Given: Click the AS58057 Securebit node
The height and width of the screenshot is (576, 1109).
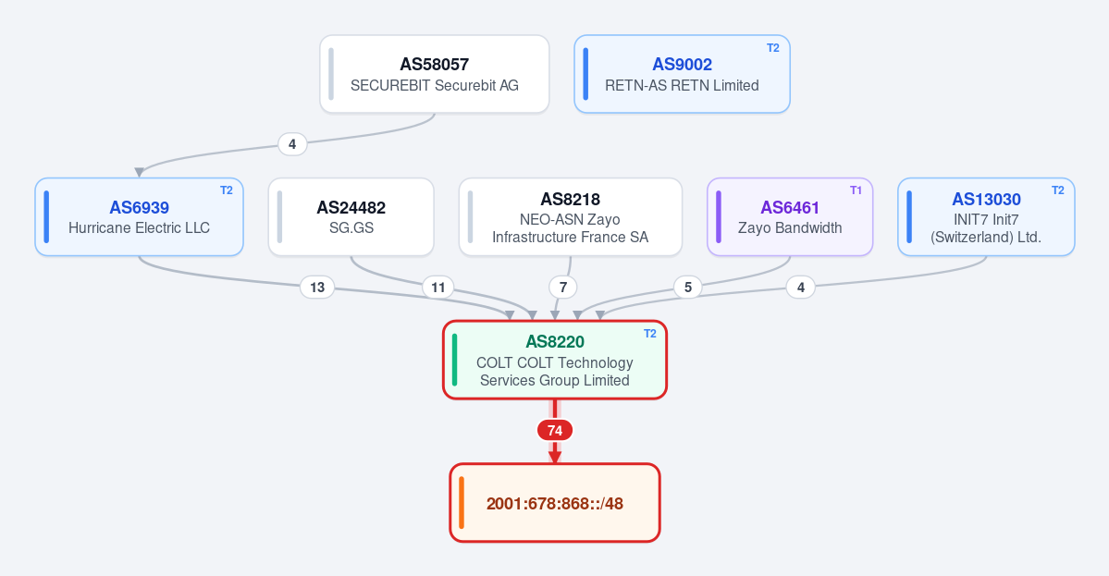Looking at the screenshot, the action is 435,74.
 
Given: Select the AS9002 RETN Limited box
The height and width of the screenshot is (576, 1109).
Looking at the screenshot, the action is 682,74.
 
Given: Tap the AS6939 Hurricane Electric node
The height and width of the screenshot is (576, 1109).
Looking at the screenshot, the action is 140,217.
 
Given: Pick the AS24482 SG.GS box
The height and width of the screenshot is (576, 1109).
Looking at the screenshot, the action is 351,217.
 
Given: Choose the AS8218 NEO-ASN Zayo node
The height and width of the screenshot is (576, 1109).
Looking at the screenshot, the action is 570,217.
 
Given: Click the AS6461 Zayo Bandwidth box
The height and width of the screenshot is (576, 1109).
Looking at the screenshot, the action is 790,217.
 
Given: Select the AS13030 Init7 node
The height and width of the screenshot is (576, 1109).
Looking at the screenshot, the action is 986,217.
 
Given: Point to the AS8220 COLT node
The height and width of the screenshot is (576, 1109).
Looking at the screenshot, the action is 555,360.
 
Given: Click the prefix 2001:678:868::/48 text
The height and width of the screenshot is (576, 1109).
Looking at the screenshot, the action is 555,504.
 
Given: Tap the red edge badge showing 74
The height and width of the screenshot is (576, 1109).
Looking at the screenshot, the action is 555,431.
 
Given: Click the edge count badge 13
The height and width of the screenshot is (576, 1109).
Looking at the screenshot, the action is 317,287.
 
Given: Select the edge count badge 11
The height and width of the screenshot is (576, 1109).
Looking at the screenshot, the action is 437,287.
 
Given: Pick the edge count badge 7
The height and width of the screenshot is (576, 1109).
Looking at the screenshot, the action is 563,287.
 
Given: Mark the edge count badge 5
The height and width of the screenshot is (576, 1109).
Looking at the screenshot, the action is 687,287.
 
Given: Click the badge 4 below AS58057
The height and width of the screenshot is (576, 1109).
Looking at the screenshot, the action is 292,144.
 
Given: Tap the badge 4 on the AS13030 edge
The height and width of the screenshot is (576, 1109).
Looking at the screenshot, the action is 801,287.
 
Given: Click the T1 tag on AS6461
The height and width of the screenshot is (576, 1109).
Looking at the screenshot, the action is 856,190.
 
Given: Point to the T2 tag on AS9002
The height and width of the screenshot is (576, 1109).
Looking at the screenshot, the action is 773,48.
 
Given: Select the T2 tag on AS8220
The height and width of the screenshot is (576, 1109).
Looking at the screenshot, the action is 650,334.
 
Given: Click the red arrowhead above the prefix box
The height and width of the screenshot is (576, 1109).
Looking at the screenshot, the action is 555,458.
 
